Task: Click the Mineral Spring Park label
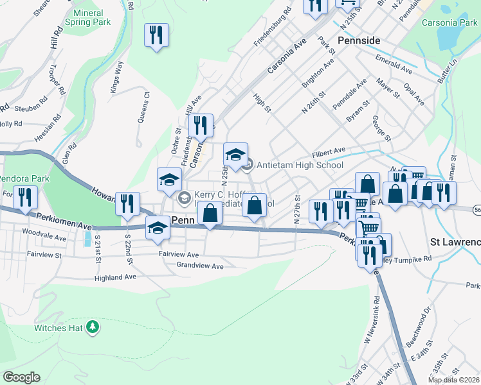click(92, 17)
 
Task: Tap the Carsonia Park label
click(449, 22)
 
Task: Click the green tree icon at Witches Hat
click(93, 327)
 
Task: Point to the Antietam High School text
click(300, 165)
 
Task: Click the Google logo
click(21, 377)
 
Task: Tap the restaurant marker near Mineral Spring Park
click(157, 35)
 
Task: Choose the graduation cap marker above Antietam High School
click(236, 155)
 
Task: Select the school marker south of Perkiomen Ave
click(158, 228)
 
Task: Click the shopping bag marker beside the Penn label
click(210, 214)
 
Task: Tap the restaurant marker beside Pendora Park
click(26, 198)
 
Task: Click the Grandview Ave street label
click(199, 265)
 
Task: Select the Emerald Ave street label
click(395, 65)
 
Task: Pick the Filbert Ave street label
click(329, 153)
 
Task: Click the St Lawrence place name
click(455, 243)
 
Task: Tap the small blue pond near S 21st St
click(87, 239)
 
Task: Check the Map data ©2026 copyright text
click(453, 380)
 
